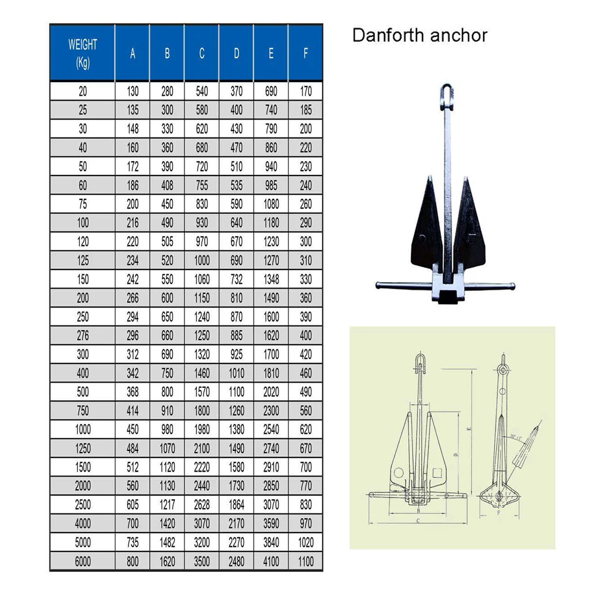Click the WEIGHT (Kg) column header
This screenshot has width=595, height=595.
pos(83,53)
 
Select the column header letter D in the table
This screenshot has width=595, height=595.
pos(236,53)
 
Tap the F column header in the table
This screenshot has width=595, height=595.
pos(306,53)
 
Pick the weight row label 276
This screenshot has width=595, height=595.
pos(83,336)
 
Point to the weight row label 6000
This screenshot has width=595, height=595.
pos(83,560)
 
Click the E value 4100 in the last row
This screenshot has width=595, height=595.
pos(271,560)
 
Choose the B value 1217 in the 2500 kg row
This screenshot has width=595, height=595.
pos(167,505)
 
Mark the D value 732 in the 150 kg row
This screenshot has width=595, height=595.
pos(236,278)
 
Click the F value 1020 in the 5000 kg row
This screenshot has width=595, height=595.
pos(306,542)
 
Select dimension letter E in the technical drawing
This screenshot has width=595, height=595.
pos(469,428)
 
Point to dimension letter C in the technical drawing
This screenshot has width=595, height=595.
pos(419,521)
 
